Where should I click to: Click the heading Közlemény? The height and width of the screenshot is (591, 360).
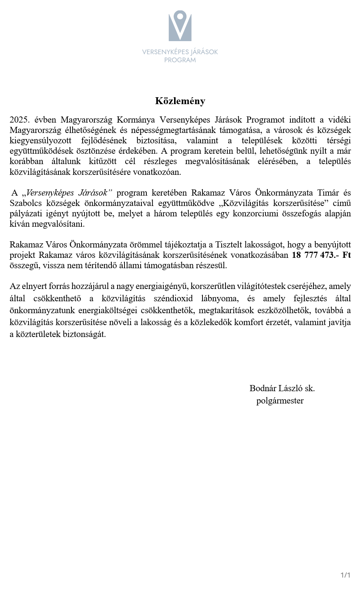coord(180,101)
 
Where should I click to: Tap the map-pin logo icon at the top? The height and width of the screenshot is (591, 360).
coord(180,26)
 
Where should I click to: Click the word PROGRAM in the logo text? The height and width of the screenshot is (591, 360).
coord(180,60)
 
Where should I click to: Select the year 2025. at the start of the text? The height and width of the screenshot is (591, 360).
coord(20,120)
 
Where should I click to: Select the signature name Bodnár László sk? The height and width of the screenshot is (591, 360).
coord(282,388)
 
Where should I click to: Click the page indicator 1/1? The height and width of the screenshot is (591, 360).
coord(345,575)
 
